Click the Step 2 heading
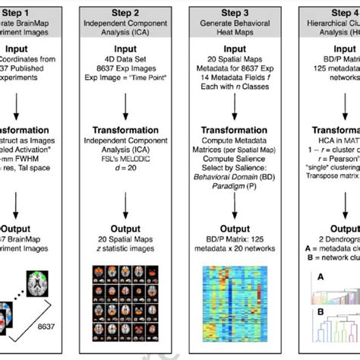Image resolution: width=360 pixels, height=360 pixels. coord(126,13)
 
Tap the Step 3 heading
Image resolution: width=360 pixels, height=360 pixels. coord(233,13)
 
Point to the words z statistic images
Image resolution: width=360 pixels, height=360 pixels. coord(126,248)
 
